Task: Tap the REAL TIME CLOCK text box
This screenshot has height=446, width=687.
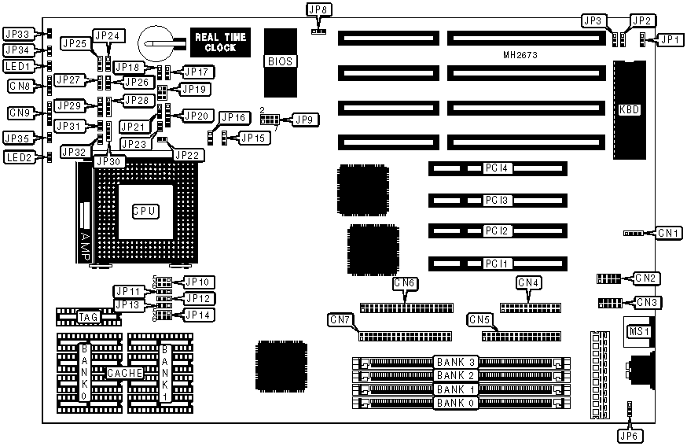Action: tap(220, 42)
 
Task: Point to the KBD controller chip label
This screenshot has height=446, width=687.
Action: tap(630, 109)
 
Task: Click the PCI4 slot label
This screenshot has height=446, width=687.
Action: tap(497, 168)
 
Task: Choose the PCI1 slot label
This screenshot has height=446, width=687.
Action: tap(497, 262)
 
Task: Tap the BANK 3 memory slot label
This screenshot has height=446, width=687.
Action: tap(456, 362)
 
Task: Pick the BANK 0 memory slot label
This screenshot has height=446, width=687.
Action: tap(456, 404)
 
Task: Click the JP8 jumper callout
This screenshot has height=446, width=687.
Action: tap(319, 10)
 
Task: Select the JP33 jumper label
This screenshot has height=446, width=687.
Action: tap(17, 34)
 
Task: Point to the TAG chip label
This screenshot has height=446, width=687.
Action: tap(88, 316)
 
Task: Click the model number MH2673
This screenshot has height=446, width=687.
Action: tap(520, 56)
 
